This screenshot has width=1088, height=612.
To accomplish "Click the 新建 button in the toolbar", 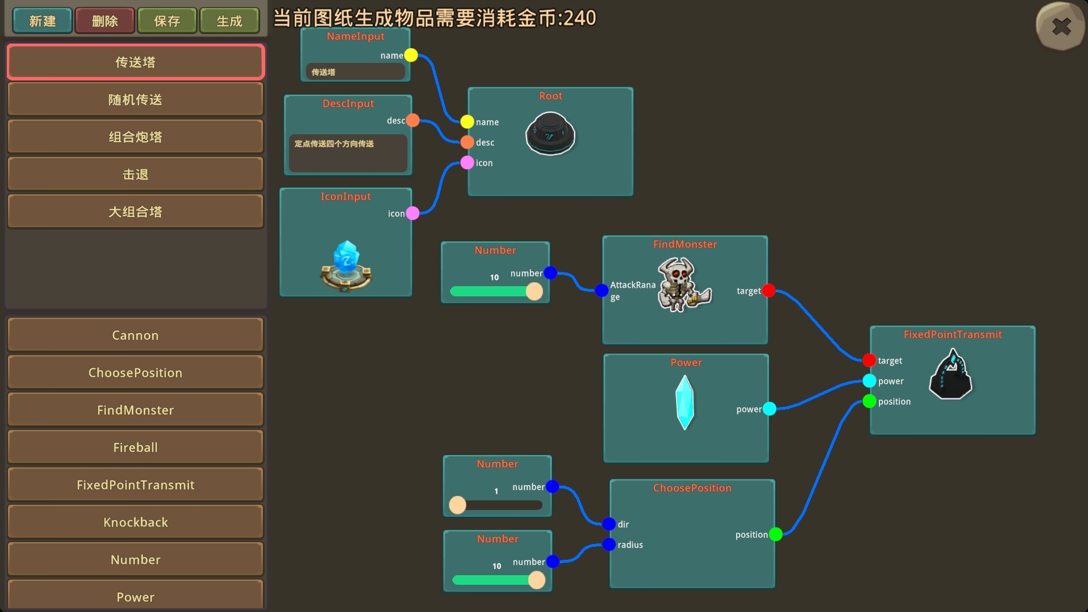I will click(x=42, y=21).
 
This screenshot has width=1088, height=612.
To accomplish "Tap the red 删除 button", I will click(x=105, y=21).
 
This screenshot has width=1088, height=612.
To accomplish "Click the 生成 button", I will click(x=229, y=21).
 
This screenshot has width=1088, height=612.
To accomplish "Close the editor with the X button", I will click(x=1061, y=27).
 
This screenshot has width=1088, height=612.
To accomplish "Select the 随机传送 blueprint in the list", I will click(x=135, y=100).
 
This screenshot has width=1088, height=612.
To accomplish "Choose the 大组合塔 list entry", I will click(x=135, y=212).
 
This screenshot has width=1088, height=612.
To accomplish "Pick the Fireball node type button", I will click(x=135, y=448).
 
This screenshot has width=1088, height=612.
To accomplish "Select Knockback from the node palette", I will click(x=135, y=522).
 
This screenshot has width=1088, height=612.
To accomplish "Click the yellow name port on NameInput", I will click(x=411, y=55).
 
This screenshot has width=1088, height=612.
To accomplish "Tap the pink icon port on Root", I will click(x=467, y=163).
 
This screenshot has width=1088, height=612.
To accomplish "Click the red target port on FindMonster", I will click(x=768, y=291).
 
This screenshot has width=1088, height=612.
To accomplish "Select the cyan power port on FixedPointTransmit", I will click(x=869, y=381).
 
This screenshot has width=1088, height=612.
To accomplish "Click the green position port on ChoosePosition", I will click(x=776, y=534).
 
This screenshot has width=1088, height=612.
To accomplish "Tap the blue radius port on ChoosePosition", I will click(x=609, y=545).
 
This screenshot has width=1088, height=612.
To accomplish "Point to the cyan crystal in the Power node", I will click(x=685, y=403).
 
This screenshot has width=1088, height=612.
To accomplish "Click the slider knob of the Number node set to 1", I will click(x=457, y=505).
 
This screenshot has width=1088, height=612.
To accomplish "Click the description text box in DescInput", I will click(x=348, y=153).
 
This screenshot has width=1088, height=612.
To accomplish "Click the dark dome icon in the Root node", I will click(x=550, y=134).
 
